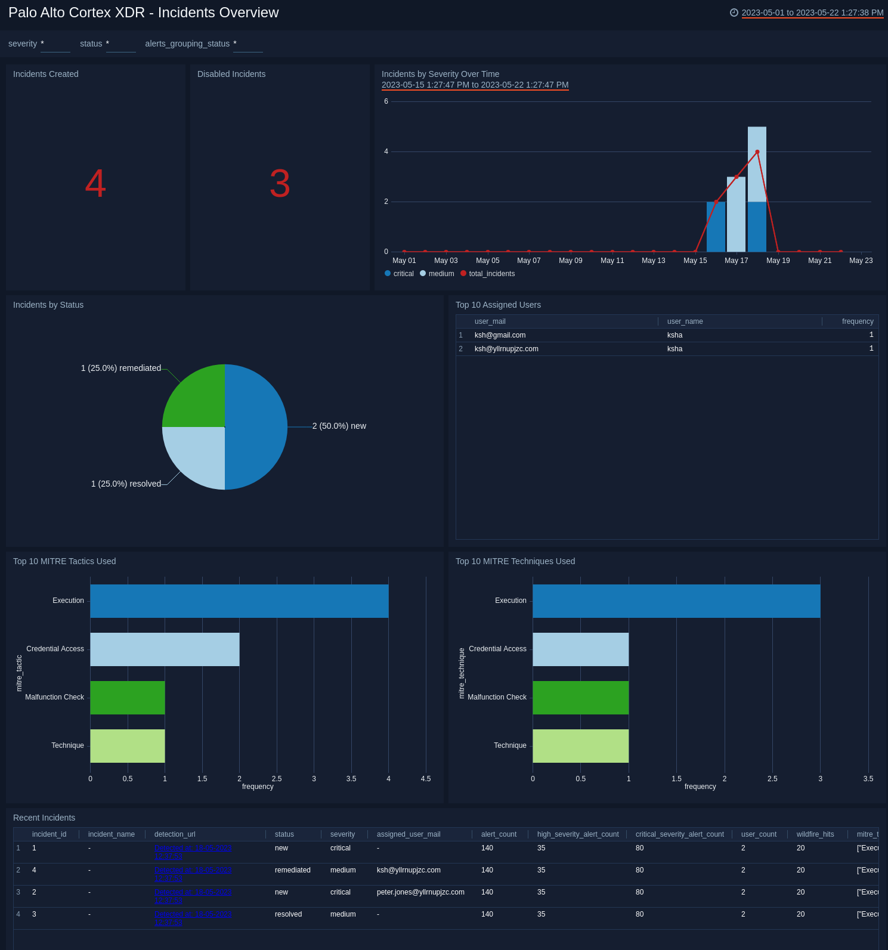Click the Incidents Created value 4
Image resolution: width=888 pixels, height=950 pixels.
click(95, 183)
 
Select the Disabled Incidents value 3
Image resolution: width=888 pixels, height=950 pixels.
click(280, 183)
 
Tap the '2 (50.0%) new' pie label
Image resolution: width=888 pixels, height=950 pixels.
click(339, 426)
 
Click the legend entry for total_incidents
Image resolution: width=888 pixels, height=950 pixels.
click(491, 274)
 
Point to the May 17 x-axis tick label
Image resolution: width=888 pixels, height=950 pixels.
click(736, 261)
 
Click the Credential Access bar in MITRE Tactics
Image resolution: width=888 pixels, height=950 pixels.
click(165, 649)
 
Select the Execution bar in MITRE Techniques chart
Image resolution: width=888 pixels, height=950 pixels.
click(676, 601)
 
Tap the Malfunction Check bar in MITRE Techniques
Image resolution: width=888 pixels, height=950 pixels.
click(580, 698)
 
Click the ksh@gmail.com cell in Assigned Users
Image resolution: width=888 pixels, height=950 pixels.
click(500, 335)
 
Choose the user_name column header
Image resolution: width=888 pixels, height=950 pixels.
click(685, 321)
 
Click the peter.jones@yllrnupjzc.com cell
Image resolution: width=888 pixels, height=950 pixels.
click(420, 892)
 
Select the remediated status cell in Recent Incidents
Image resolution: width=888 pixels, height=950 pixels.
click(292, 870)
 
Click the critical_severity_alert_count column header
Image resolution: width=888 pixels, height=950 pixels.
click(679, 834)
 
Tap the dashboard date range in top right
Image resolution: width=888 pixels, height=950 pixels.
click(812, 13)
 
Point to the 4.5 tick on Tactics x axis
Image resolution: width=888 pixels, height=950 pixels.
click(426, 779)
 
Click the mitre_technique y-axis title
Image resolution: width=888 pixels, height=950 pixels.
click(462, 673)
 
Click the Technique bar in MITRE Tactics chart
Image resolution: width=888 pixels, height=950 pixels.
click(128, 746)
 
